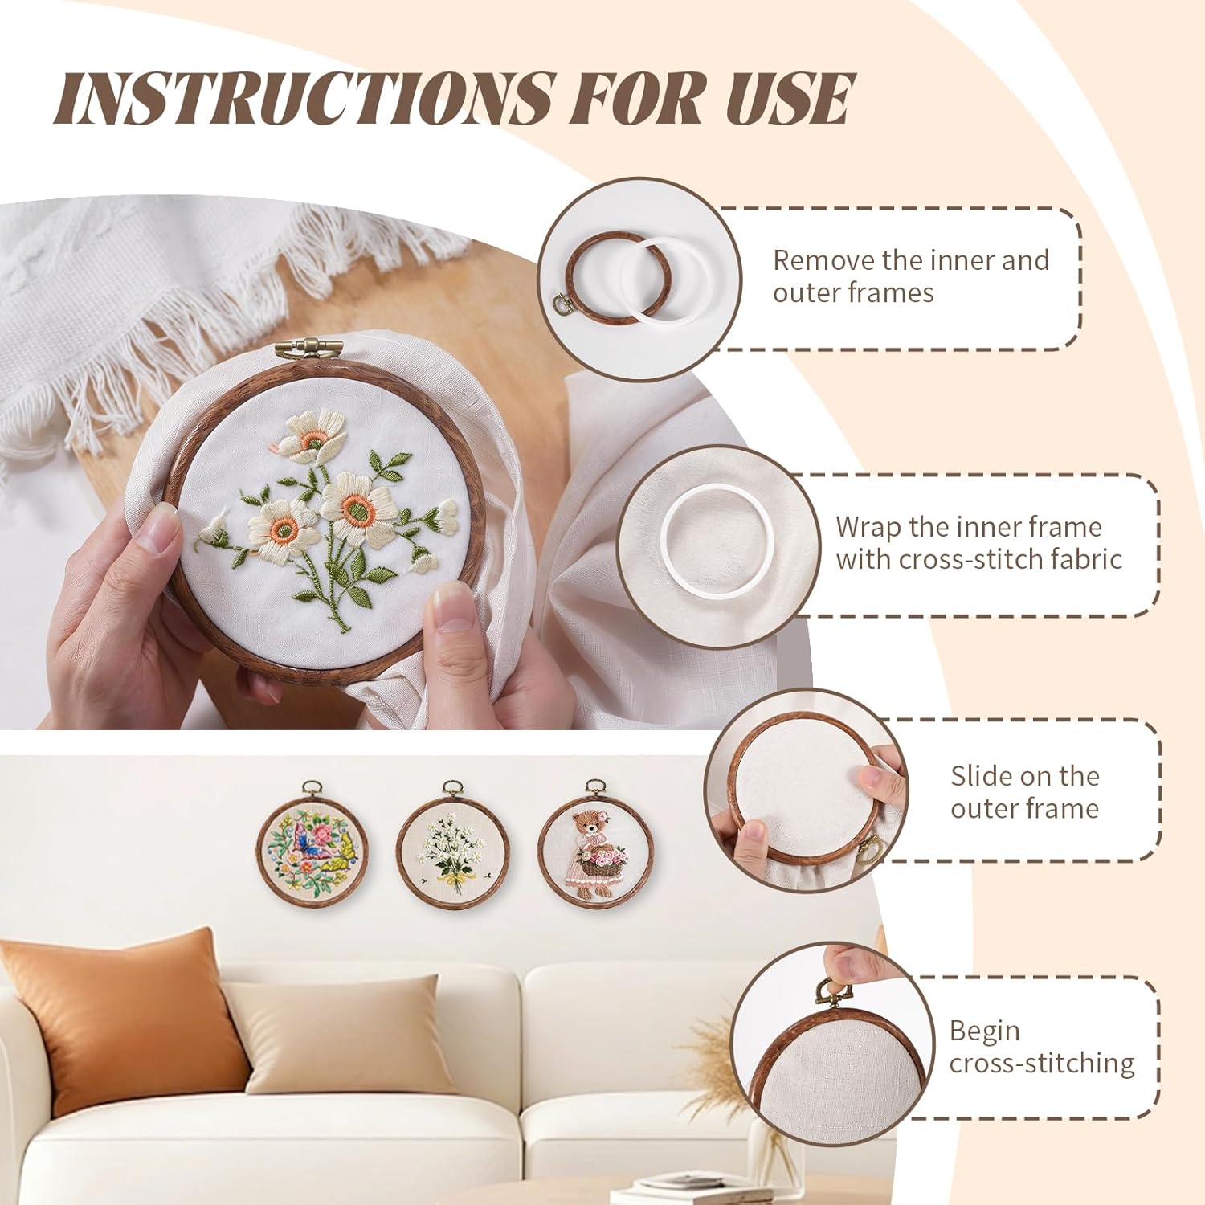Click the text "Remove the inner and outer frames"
pyautogui.click(x=910, y=276)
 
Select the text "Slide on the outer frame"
pyautogui.click(x=1024, y=792)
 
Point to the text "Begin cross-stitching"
pyautogui.click(x=1041, y=1047)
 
